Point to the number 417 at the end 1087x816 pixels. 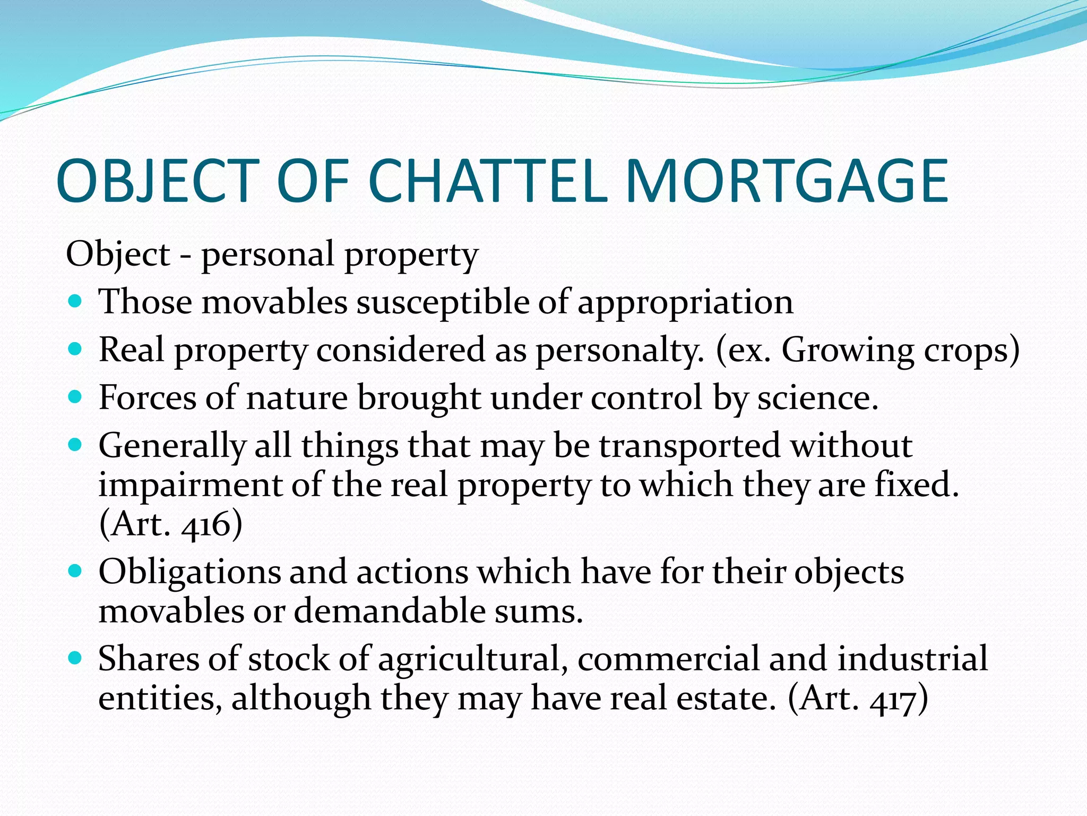tap(892, 699)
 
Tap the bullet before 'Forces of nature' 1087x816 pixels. tap(76, 397)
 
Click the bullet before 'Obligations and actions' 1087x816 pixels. tap(76, 572)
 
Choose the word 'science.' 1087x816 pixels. tap(817, 398)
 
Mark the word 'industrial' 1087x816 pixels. tap(912, 659)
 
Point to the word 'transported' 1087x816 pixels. tap(689, 447)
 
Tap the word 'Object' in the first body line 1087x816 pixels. tap(118, 254)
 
